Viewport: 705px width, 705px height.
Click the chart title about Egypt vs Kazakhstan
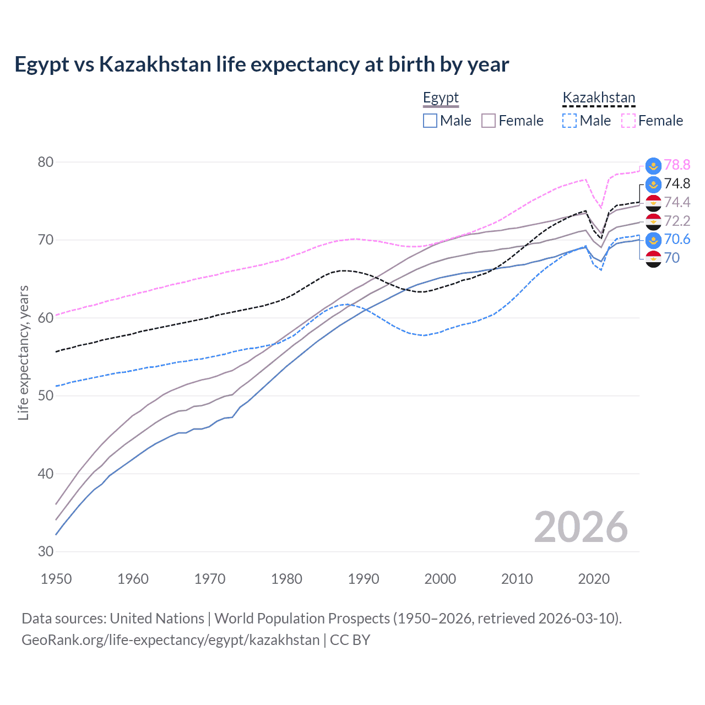[262, 64]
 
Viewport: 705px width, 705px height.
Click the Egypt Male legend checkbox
[430, 121]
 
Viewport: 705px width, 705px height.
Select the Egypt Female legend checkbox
[489, 121]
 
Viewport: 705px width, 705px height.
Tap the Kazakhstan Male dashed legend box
[570, 121]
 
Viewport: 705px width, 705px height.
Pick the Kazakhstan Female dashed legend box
[628, 121]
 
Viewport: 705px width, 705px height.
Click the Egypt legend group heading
[441, 98]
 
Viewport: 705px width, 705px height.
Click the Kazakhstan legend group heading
[599, 98]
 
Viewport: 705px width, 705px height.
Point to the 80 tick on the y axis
[46, 162]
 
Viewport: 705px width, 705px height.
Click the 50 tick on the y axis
[46, 395]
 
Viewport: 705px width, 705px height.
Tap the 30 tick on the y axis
[46, 551]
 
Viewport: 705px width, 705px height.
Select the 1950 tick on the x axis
[56, 579]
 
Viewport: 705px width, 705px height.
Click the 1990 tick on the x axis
[364, 579]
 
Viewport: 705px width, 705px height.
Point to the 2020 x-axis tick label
[594, 579]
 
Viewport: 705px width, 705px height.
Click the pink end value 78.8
[677, 165]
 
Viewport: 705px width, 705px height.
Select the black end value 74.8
[677, 183]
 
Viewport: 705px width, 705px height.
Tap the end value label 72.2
[677, 221]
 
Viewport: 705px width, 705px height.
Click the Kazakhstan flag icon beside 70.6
[653, 240]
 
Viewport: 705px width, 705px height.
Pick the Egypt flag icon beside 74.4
[653, 203]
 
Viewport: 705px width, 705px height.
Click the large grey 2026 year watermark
[581, 527]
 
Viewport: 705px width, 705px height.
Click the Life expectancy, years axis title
[23, 352]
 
